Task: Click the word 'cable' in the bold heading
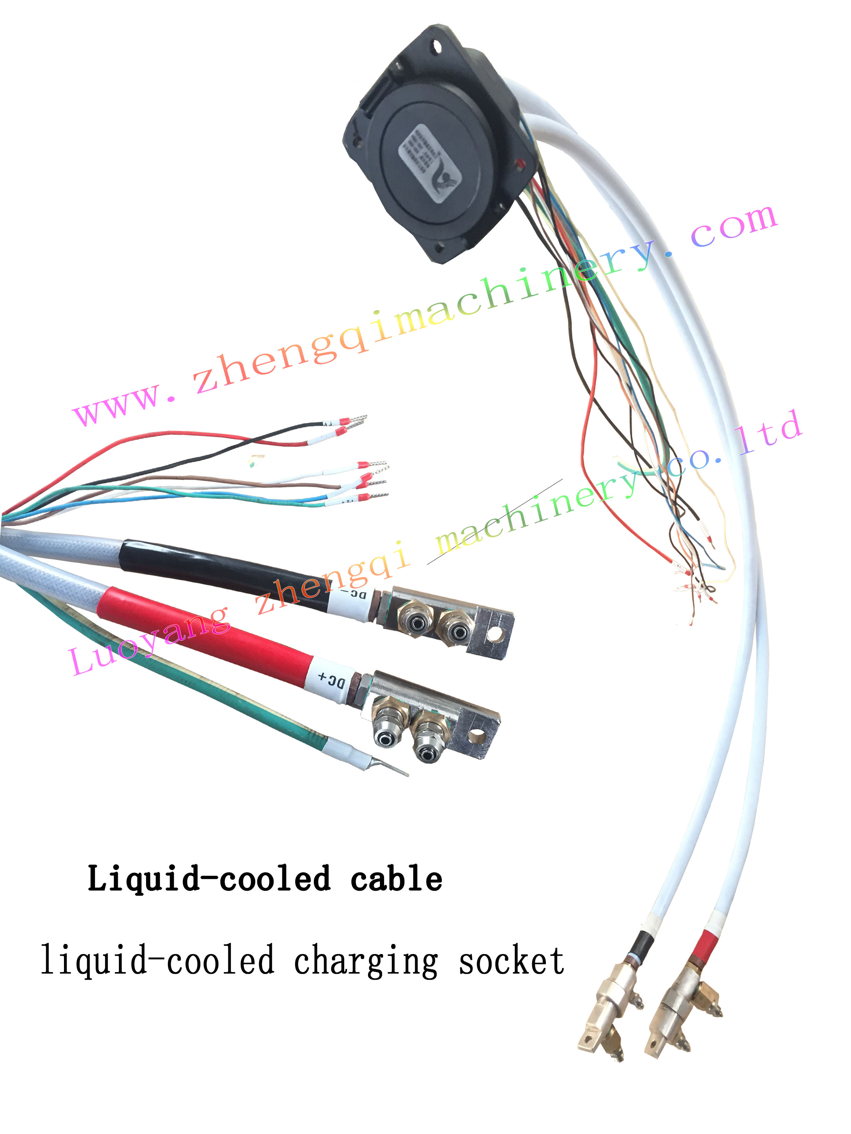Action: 396,879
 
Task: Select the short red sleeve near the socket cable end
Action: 706,942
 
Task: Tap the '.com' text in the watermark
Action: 734,225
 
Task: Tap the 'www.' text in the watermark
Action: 123,402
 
